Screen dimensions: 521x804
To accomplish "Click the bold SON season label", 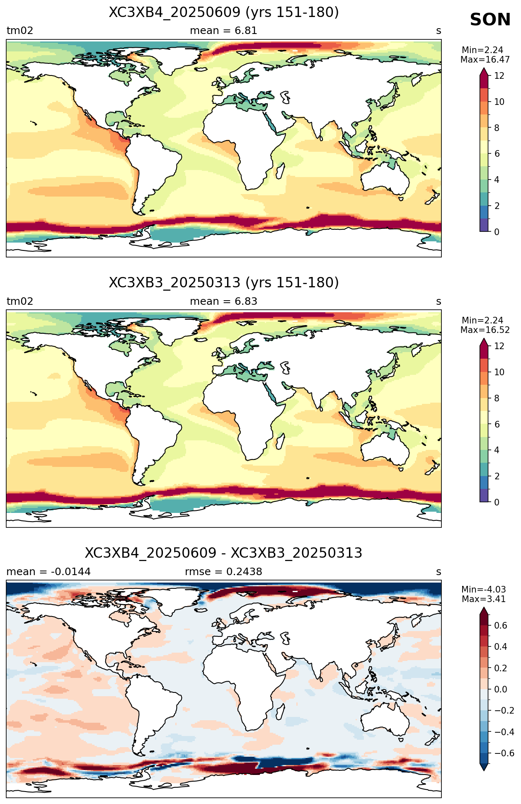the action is tap(490, 20).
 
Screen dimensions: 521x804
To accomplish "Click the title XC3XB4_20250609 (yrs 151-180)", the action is tap(224, 12).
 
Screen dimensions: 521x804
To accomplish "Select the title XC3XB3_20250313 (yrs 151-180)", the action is tap(224, 283).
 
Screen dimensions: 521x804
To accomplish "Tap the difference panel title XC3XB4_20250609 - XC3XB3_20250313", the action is tap(224, 553).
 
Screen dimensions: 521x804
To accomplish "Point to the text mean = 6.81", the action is tap(223, 31).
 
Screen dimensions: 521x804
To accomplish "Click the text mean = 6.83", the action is tap(223, 301).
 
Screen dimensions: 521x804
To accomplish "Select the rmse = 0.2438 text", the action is tap(223, 572).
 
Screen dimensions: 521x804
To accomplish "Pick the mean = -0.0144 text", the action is tap(48, 572).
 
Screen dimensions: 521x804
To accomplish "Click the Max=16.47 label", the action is tap(485, 60).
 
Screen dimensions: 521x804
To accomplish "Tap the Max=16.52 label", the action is tap(485, 330).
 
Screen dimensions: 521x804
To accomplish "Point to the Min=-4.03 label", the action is tap(483, 590).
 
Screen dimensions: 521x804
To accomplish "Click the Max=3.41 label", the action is tap(483, 599).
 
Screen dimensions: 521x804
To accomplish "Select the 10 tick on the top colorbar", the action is tap(499, 102).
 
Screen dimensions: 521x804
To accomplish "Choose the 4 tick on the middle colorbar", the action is tap(497, 450).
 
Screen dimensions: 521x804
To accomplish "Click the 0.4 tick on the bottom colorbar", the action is tap(501, 647).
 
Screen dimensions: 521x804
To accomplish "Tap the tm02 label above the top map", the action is tap(20, 31).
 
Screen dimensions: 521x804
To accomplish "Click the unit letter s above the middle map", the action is tap(439, 302).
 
